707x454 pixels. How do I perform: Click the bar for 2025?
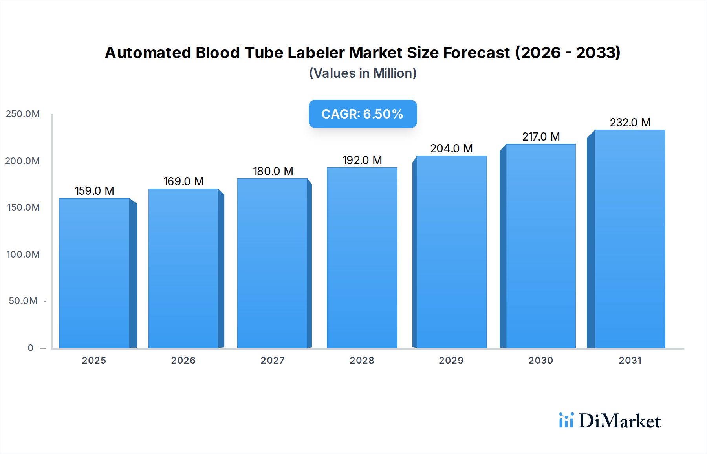[x=94, y=273]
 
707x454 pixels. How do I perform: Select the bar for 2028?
[x=362, y=258]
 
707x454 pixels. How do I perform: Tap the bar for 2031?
[x=630, y=239]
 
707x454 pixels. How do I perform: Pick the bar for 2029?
[x=451, y=252]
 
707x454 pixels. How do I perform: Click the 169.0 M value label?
[x=183, y=181]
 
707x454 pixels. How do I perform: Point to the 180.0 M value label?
[x=273, y=171]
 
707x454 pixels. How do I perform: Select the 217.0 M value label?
[x=541, y=137]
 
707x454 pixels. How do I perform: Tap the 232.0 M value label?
[x=630, y=123]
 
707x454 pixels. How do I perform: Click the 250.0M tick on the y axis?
[x=23, y=114]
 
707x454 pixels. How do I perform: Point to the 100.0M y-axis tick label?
[x=23, y=254]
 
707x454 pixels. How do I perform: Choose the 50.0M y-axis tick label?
[x=23, y=301]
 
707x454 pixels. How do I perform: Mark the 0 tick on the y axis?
[x=30, y=348]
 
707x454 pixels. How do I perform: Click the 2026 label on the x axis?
[x=183, y=361]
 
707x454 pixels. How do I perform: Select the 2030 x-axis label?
[x=540, y=361]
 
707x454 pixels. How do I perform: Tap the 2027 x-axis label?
[x=273, y=361]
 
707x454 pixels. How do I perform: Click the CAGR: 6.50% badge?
[x=363, y=114]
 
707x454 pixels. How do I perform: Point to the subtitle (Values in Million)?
[x=363, y=73]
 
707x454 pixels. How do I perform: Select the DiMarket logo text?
[x=619, y=421]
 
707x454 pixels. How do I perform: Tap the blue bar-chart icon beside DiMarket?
[x=566, y=420]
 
